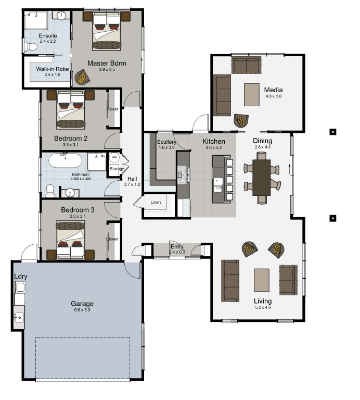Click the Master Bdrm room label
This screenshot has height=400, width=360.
point(107,63)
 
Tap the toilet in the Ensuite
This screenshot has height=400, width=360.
point(30,46)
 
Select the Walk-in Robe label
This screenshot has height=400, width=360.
point(53,69)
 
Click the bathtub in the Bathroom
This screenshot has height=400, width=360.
point(65,161)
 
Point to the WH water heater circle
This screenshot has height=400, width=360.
point(114,157)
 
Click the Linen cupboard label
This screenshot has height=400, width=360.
point(156,202)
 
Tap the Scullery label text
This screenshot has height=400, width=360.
point(166,142)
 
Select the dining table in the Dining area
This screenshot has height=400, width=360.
point(261,178)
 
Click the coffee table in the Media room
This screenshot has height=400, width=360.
point(252,94)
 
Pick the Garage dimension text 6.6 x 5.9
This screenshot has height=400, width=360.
point(82,310)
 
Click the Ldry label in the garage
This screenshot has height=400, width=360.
point(21,277)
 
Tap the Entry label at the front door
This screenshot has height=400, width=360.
point(177,247)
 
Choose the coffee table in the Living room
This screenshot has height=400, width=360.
point(262,280)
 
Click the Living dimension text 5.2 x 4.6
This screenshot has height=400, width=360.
point(263,307)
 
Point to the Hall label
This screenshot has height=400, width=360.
point(132,179)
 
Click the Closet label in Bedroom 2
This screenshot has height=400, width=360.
point(112,109)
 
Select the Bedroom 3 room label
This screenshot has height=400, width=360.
point(78,210)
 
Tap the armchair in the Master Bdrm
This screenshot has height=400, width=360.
point(82,77)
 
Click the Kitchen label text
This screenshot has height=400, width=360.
point(214,141)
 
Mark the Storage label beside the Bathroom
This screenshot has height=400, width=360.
point(117,169)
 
